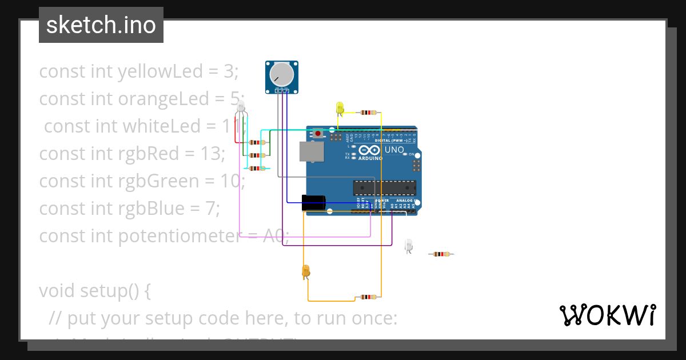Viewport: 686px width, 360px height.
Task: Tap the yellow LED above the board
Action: (340, 107)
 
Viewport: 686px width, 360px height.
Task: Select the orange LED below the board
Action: (305, 271)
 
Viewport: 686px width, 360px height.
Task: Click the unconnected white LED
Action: (408, 245)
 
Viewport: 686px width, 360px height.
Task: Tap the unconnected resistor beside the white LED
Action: (441, 254)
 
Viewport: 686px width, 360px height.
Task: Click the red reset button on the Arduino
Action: (318, 134)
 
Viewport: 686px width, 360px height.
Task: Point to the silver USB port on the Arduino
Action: (312, 151)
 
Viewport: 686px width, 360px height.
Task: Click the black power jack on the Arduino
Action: (313, 202)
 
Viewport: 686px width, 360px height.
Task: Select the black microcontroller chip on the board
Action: (384, 187)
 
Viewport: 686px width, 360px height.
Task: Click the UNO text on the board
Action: (393, 150)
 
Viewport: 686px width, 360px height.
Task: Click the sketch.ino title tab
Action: (101, 25)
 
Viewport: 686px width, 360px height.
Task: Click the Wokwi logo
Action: (607, 315)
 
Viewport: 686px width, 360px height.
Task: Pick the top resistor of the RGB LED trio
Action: (256, 142)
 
